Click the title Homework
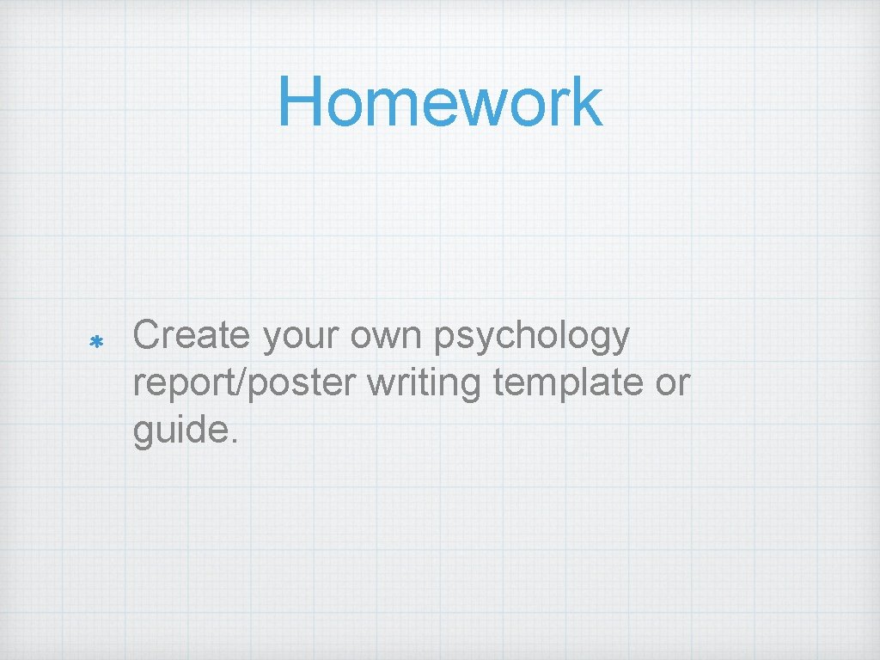[x=439, y=101]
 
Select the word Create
[x=190, y=335]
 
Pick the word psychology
[x=533, y=337]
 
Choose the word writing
[x=423, y=383]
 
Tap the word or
[x=673, y=383]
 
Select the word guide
[x=175, y=430]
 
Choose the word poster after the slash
[x=302, y=383]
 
